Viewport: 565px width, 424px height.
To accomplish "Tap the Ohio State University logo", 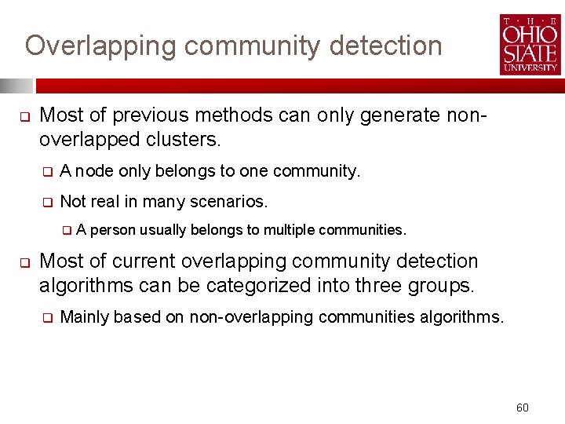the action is [x=530, y=45].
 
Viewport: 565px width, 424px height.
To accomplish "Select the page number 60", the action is [x=523, y=408].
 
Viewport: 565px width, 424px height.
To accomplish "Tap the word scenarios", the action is [x=231, y=202].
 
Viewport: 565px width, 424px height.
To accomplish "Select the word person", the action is [x=113, y=230].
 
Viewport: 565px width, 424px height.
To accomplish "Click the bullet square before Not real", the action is [x=47, y=203].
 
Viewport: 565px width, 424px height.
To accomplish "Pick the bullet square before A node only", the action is [x=47, y=172].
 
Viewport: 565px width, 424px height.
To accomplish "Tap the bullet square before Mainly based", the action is [x=47, y=318].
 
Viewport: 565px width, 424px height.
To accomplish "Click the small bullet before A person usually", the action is [x=67, y=231].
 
